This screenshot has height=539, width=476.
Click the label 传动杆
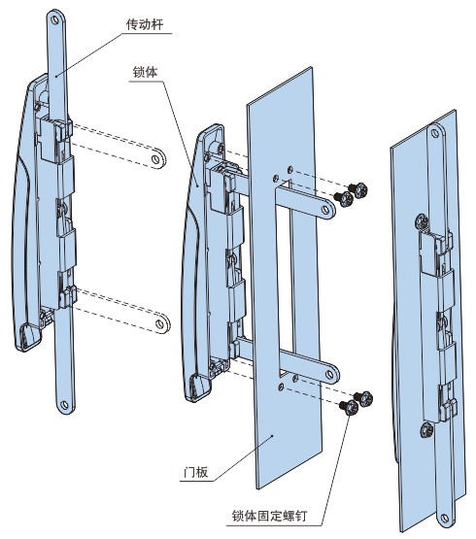(x=145, y=24)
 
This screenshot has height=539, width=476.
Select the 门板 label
(x=195, y=472)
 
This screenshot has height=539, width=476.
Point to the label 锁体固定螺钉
(x=269, y=516)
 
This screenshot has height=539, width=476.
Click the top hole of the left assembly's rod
(x=55, y=19)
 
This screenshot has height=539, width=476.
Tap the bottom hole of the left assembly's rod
(x=63, y=404)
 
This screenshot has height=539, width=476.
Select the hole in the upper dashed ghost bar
(x=155, y=159)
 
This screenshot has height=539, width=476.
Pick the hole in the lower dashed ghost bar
(x=159, y=323)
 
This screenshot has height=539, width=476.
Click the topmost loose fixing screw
(x=358, y=189)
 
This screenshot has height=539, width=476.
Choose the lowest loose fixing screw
(x=349, y=408)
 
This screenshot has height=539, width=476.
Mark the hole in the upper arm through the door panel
(x=325, y=210)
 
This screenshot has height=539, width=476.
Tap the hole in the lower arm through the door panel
(x=329, y=374)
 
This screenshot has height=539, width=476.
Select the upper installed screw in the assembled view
(x=422, y=221)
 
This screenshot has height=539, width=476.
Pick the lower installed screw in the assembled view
(x=427, y=430)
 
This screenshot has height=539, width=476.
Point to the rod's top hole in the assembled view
(x=435, y=132)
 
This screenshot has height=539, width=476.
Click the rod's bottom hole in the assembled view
(x=445, y=518)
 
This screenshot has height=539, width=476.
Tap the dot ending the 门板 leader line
(x=272, y=435)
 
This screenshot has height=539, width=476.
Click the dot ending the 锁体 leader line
(x=197, y=185)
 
